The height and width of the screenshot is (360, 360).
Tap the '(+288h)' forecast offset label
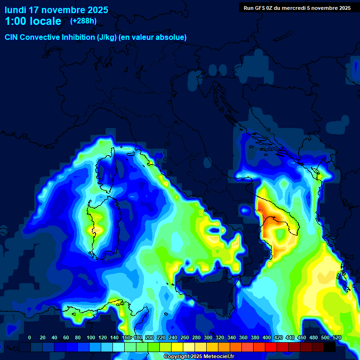click(83, 21)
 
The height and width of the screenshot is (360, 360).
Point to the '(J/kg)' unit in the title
click(107, 37)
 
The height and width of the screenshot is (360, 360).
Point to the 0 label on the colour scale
click(30, 337)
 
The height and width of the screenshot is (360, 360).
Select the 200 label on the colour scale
click(150, 337)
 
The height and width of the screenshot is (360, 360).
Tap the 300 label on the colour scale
click(208, 337)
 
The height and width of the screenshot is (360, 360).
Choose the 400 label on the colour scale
click(267, 337)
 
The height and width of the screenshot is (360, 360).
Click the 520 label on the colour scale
click(337, 337)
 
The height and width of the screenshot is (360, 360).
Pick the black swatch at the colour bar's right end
click(330, 347)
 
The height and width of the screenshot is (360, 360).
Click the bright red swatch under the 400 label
click(271, 347)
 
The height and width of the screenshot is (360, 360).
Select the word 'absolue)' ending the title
click(172, 37)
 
